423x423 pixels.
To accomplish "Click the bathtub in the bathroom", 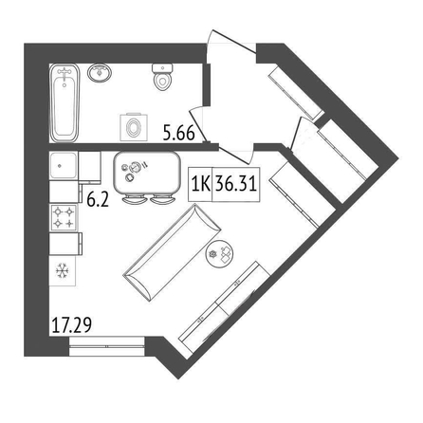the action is pyautogui.click(x=64, y=102).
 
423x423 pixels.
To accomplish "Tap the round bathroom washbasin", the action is pyautogui.click(x=100, y=73).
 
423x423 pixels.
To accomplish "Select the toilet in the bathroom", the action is pyautogui.click(x=162, y=77).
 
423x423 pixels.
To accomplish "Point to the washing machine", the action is pyautogui.click(x=134, y=127).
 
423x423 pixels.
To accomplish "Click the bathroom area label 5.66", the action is pyautogui.click(x=178, y=133).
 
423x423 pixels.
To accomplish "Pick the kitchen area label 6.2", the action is pyautogui.click(x=98, y=200).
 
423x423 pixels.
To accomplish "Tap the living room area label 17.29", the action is pyautogui.click(x=71, y=324).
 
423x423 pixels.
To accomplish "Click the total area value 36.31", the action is pyautogui.click(x=235, y=183).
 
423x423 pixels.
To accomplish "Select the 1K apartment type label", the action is pyautogui.click(x=201, y=184).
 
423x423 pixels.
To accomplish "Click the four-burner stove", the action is pyautogui.click(x=64, y=217).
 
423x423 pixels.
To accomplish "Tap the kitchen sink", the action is pyautogui.click(x=64, y=165).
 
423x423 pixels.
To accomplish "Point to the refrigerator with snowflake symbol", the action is pyautogui.click(x=63, y=270).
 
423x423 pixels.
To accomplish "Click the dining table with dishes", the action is pyautogui.click(x=146, y=174).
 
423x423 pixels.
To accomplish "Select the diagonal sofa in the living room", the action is pyautogui.click(x=173, y=252).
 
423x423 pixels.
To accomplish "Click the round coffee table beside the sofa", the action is pyautogui.click(x=220, y=253).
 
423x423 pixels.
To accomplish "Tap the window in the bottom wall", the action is pyautogui.click(x=107, y=346).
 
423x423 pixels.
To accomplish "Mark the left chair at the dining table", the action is pyautogui.click(x=134, y=199).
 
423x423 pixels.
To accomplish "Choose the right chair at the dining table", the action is pyautogui.click(x=162, y=199).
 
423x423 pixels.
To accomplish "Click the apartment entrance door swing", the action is pyautogui.click(x=230, y=41).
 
